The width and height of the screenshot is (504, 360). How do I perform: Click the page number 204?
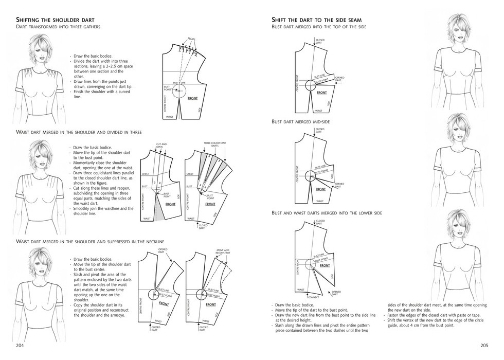tap(21, 345)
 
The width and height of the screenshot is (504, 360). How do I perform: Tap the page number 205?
tap(483, 345)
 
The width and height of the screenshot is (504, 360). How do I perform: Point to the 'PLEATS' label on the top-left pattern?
tap(191, 39)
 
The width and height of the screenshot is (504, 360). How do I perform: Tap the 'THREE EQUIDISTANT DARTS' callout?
tap(214, 145)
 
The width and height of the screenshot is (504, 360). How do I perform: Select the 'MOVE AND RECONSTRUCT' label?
tap(223, 252)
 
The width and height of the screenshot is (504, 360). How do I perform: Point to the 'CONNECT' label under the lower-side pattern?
tap(314, 297)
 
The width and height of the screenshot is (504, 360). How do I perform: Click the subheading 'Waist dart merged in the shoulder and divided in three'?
tap(79, 132)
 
